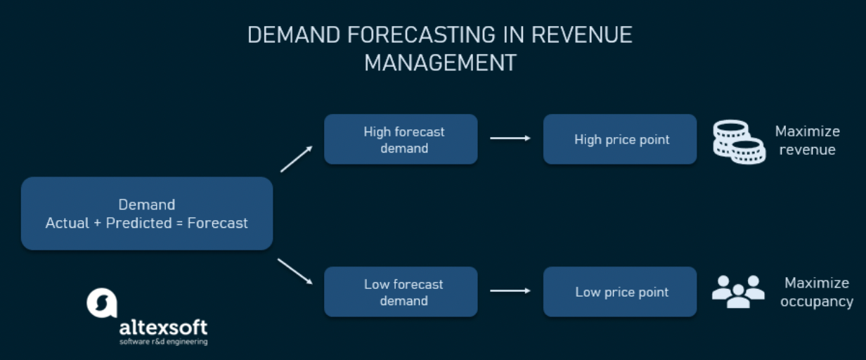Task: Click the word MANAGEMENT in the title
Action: [x=440, y=63]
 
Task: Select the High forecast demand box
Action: [x=401, y=139]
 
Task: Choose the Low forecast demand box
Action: [x=401, y=292]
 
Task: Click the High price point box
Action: [x=620, y=139]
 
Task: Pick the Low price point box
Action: [x=620, y=292]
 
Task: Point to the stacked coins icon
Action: [x=739, y=142]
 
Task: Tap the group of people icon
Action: [x=738, y=292]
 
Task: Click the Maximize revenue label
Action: [x=807, y=141]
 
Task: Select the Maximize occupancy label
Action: [x=817, y=292]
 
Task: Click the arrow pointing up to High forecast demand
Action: [x=297, y=159]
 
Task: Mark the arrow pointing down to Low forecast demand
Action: [x=295, y=271]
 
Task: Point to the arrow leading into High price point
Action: [x=510, y=138]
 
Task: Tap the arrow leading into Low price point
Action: [x=510, y=291]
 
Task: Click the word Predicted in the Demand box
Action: [x=138, y=223]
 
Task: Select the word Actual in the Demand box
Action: [x=67, y=223]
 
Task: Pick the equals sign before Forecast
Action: [x=179, y=224]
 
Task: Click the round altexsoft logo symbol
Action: [x=102, y=303]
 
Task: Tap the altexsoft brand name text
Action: [x=164, y=328]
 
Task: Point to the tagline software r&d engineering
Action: [x=164, y=342]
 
